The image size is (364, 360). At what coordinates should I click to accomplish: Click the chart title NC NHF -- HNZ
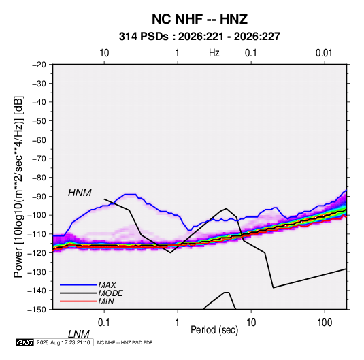coord(199,19)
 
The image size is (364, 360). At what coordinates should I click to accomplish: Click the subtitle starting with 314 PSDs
coord(199,37)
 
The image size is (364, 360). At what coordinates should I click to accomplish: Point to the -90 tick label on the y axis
coord(39,196)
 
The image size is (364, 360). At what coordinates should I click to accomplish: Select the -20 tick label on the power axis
coord(39,65)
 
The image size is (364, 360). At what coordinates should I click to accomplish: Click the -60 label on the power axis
coord(39,140)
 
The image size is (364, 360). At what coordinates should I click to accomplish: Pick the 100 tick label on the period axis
coord(325,323)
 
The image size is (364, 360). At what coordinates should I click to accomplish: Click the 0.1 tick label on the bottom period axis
coord(104,323)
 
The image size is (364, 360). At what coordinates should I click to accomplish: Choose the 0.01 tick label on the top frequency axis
coord(324,53)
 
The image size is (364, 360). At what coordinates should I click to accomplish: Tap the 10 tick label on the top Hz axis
coord(104,53)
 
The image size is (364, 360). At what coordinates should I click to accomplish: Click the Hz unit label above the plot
coord(214,53)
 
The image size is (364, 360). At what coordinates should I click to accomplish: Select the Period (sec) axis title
coord(214,330)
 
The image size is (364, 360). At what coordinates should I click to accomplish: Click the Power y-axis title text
coord(18,187)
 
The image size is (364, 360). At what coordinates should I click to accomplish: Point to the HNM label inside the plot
coord(80,193)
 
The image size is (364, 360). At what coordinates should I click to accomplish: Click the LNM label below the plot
coord(79,334)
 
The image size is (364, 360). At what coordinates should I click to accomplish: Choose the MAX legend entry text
coord(107,284)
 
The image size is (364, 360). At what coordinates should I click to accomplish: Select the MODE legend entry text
coord(110,293)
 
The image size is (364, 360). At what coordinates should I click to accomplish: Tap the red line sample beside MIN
coord(78,301)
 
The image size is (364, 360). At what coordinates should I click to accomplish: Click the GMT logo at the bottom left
coord(24,342)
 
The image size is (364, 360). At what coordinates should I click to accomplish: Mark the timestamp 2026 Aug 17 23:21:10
coord(63,342)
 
